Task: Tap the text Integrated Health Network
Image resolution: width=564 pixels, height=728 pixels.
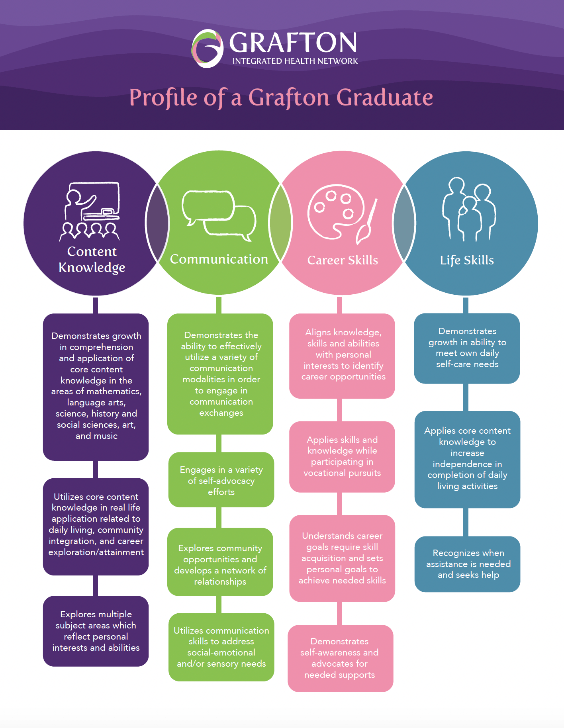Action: (295, 61)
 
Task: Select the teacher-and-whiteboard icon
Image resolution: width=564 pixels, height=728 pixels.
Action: (91, 211)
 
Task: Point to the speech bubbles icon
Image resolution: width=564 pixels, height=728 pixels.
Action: (219, 215)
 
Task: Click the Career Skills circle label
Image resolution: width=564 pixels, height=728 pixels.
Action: (343, 260)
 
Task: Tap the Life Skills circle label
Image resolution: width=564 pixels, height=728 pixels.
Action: (467, 260)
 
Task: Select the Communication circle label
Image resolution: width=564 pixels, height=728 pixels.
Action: (219, 259)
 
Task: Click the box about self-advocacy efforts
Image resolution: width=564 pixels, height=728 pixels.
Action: (221, 480)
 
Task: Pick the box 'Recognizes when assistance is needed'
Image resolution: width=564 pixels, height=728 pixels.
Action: (468, 564)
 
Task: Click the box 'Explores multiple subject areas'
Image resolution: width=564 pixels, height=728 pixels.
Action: (96, 631)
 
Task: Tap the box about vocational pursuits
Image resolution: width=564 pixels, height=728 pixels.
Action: (342, 456)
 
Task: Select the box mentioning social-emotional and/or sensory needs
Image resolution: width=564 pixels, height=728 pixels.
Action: (221, 647)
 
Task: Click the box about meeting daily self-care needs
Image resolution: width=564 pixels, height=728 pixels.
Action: (467, 348)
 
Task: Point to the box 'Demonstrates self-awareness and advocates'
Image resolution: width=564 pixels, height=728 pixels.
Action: (340, 658)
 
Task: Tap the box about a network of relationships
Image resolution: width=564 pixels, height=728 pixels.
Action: (220, 565)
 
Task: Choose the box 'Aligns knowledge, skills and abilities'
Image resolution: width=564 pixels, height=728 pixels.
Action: (343, 355)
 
